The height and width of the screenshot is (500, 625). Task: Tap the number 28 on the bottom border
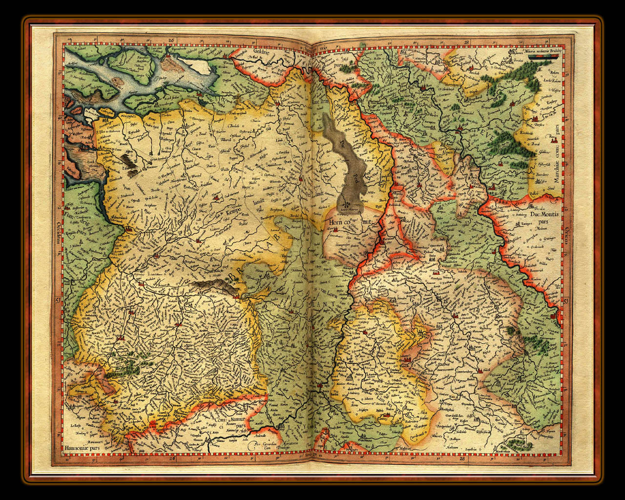462,458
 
